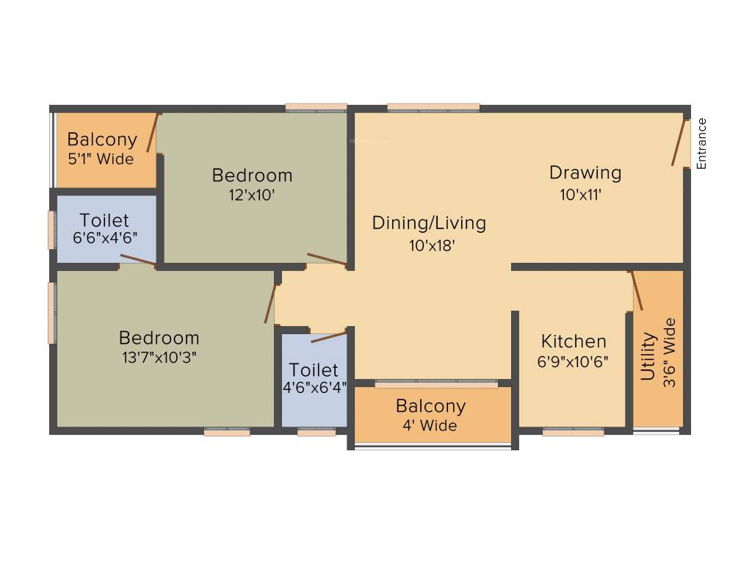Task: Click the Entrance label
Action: point(701,144)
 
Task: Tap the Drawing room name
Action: point(585,173)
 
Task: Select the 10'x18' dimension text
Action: point(432,245)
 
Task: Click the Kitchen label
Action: point(574,341)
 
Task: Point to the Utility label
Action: point(648,356)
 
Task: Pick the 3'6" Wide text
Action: point(669,352)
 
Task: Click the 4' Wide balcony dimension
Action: point(430,425)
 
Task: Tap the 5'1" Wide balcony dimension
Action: point(101,159)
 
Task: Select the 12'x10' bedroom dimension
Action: point(252,195)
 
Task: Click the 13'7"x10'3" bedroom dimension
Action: point(159,358)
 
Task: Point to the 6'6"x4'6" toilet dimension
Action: point(105,237)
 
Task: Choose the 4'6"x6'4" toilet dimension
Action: point(314,387)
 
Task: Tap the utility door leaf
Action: point(637,291)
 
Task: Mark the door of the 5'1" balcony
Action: point(152,133)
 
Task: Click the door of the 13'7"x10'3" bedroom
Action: point(270,304)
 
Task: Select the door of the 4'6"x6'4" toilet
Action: point(329,336)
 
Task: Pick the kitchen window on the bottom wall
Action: point(573,432)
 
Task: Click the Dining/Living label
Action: point(429,223)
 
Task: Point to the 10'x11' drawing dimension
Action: point(580,195)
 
